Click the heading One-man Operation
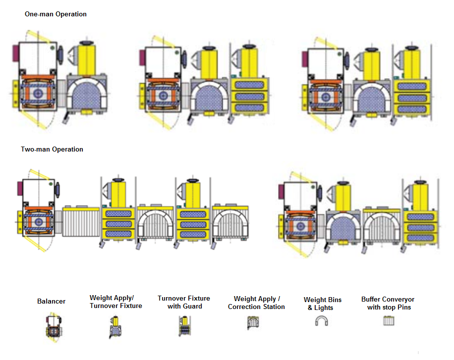[x=56, y=14]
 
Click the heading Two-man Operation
[x=52, y=150]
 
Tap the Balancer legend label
[x=51, y=301]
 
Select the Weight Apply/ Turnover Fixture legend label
[x=116, y=302]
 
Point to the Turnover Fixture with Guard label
[x=184, y=302]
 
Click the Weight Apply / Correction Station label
[x=256, y=303]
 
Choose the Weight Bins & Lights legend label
[x=322, y=304]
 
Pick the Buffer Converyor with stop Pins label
[x=388, y=303]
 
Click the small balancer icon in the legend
[x=54, y=327]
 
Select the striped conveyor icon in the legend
[x=389, y=321]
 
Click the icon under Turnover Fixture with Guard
[x=185, y=326]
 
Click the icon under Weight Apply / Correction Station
[x=253, y=322]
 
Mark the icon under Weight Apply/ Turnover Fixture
[x=115, y=327]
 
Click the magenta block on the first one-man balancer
[x=15, y=53]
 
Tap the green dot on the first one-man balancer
[x=52, y=48]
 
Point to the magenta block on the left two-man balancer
[x=20, y=188]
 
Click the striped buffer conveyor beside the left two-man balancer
[x=81, y=221]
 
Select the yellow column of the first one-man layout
[x=87, y=60]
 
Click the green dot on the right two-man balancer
[x=313, y=187]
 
